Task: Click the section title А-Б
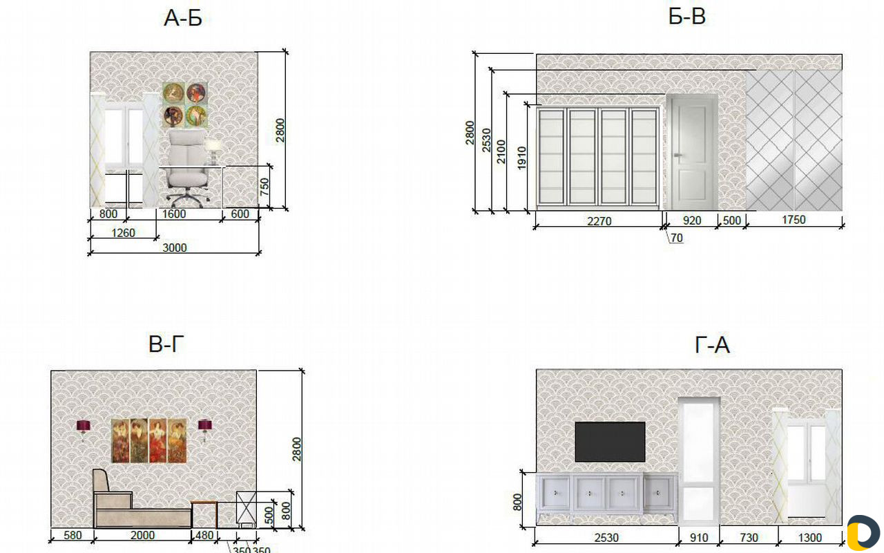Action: [183, 18]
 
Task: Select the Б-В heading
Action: [687, 17]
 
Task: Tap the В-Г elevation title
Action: [166, 344]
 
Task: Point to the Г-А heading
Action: [712, 345]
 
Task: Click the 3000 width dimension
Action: [175, 247]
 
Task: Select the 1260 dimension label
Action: [123, 233]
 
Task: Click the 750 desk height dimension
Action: [265, 187]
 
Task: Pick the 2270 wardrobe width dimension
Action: [599, 221]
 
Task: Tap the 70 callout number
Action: [676, 238]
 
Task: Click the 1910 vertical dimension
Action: [521, 158]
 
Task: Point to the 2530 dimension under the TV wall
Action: [606, 538]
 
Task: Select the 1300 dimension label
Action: [810, 538]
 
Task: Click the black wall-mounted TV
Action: [610, 442]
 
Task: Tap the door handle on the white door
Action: [678, 156]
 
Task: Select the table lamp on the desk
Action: [213, 151]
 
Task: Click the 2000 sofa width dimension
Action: [142, 535]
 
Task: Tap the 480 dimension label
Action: [204, 535]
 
